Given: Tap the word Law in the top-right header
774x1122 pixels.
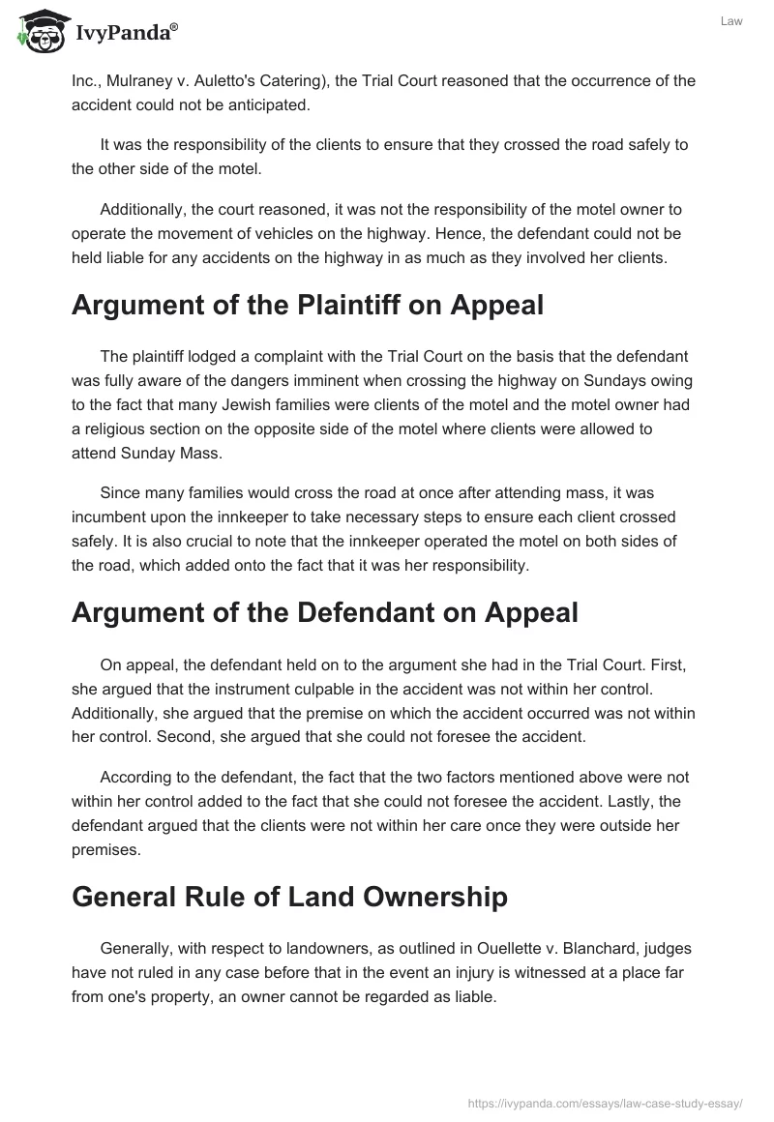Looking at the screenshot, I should point(731,21).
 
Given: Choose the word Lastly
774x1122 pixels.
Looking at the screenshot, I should point(627,797).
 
